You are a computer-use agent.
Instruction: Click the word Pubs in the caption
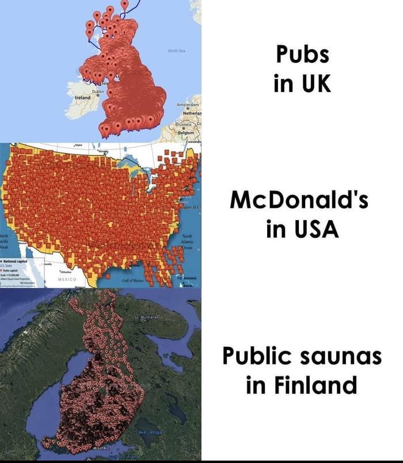[x=302, y=55]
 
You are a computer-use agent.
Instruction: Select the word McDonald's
[x=298, y=201]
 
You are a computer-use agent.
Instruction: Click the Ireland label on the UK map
[x=83, y=98]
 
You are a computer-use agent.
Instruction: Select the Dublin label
[x=98, y=92]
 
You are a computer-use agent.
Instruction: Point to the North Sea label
[x=176, y=51]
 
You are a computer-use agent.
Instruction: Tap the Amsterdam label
[x=188, y=107]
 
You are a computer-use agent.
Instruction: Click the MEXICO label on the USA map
[x=68, y=278]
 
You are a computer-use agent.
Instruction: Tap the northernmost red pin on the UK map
[x=124, y=5]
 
